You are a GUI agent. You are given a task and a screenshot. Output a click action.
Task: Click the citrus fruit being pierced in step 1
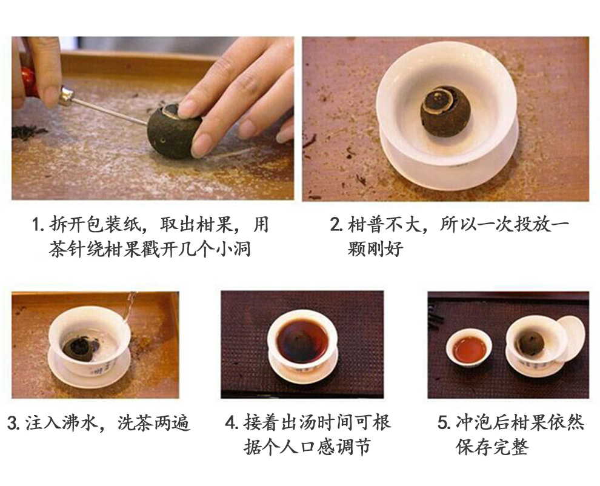click(173, 129)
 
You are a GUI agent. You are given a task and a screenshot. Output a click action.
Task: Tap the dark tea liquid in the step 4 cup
click(302, 341)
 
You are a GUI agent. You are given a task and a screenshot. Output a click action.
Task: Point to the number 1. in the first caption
click(38, 224)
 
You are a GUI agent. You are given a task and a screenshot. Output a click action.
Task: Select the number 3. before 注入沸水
click(14, 423)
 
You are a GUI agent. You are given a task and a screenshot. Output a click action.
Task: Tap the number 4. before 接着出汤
click(232, 423)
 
